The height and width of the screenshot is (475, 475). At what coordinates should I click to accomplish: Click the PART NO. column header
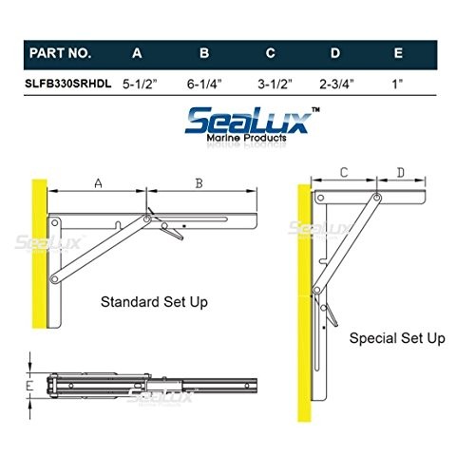pyautogui.click(x=60, y=53)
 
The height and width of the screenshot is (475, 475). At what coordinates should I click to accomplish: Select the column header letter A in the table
pyautogui.click(x=137, y=53)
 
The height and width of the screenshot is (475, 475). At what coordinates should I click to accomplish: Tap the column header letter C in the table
pyautogui.click(x=270, y=53)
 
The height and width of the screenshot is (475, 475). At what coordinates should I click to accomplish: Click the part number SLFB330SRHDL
pyautogui.click(x=68, y=84)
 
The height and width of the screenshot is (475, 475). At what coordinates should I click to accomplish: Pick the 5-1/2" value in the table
pyautogui.click(x=140, y=84)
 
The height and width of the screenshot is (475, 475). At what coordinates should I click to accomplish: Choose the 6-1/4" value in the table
pyautogui.click(x=204, y=84)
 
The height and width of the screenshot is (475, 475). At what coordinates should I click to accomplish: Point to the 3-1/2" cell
pyautogui.click(x=275, y=84)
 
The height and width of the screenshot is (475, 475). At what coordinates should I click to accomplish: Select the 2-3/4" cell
pyautogui.click(x=336, y=84)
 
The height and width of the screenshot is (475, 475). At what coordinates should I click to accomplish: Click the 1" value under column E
pyautogui.click(x=397, y=84)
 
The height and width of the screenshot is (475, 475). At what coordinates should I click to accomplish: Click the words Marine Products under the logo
pyautogui.click(x=246, y=138)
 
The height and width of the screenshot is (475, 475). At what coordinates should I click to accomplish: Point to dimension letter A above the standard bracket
pyautogui.click(x=99, y=183)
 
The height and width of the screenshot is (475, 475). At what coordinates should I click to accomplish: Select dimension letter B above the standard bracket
pyautogui.click(x=199, y=183)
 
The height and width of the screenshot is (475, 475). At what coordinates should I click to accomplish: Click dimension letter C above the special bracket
pyautogui.click(x=344, y=172)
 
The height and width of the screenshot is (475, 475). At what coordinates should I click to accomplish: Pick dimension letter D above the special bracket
pyautogui.click(x=401, y=173)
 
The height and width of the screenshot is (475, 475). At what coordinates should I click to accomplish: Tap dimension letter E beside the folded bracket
pyautogui.click(x=29, y=386)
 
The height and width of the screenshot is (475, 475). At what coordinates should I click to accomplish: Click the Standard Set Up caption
pyautogui.click(x=154, y=302)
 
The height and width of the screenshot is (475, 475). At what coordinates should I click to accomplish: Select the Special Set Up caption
pyautogui.click(x=397, y=338)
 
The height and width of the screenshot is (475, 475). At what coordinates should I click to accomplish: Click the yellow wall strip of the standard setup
pyautogui.click(x=39, y=254)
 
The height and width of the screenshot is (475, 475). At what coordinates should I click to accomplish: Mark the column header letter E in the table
pyautogui.click(x=398, y=53)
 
